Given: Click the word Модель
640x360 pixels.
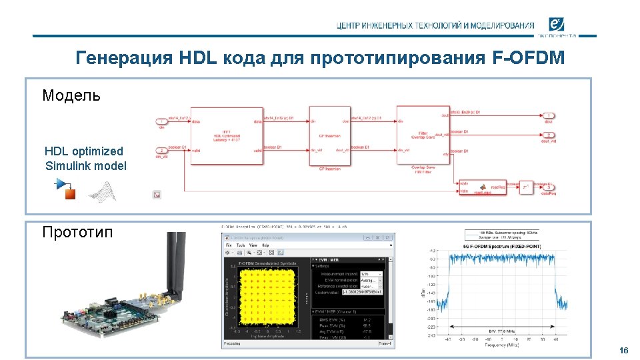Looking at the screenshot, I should click(x=72, y=95).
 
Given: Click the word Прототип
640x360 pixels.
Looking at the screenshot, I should click(x=77, y=232).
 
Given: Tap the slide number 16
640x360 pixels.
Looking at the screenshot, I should click(x=623, y=351).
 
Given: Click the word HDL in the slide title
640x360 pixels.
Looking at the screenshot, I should click(x=197, y=59).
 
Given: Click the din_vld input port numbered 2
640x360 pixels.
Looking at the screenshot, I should click(x=161, y=151).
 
